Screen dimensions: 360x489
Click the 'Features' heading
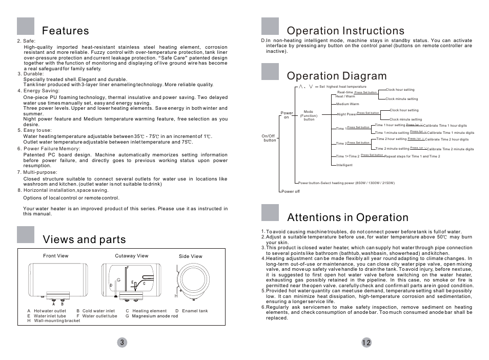click(x=66, y=31)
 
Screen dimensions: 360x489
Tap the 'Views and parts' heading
click(x=84, y=239)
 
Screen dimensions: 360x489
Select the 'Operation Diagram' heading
click(x=337, y=76)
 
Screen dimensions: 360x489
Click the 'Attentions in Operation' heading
click(x=348, y=217)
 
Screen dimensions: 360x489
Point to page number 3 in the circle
click(x=121, y=343)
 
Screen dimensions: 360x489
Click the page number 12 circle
click(x=365, y=343)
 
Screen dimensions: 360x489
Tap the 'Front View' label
click(x=55, y=256)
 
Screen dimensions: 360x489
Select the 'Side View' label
click(x=190, y=256)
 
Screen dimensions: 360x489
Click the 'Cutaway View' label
click(x=131, y=256)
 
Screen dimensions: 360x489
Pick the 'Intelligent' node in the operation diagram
click(x=344, y=165)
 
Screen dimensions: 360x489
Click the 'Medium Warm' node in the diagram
click(x=348, y=104)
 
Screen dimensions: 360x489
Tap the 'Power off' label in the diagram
click(x=291, y=191)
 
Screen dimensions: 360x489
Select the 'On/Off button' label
click(x=270, y=138)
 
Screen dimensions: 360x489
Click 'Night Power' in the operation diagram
click(x=347, y=114)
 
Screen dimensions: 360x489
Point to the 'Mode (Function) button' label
click(x=309, y=115)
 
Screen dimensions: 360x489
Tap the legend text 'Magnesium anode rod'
click(x=155, y=316)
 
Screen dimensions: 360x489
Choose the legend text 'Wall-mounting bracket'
click(x=57, y=321)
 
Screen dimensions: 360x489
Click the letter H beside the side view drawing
click(x=176, y=296)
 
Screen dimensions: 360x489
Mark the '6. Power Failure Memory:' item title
click(x=49, y=149)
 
